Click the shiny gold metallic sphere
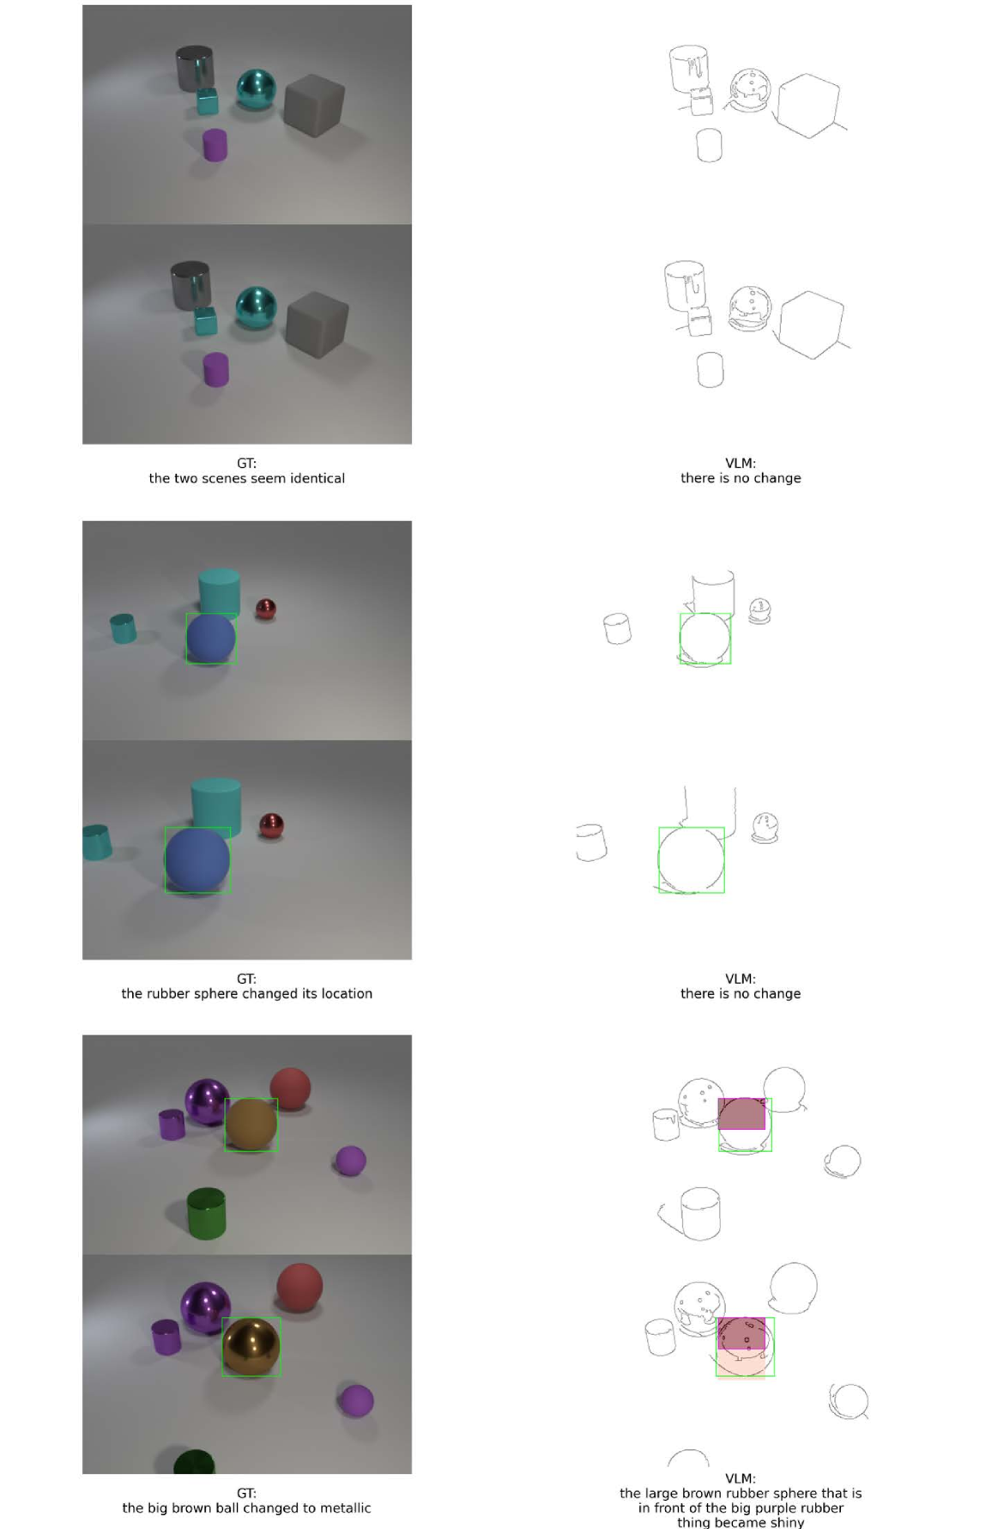(x=251, y=1347)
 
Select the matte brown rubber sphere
(x=251, y=1125)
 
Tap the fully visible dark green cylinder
(x=206, y=1213)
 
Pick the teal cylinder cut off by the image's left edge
(x=97, y=842)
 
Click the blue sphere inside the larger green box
(x=197, y=859)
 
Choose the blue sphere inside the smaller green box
(x=211, y=638)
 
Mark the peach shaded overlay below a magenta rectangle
(x=741, y=1362)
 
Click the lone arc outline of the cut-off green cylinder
(x=688, y=1457)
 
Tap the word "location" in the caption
(x=347, y=993)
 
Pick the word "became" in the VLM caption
(x=741, y=1522)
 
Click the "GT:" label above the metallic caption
(x=246, y=1493)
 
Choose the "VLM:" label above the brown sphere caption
(x=741, y=1478)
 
